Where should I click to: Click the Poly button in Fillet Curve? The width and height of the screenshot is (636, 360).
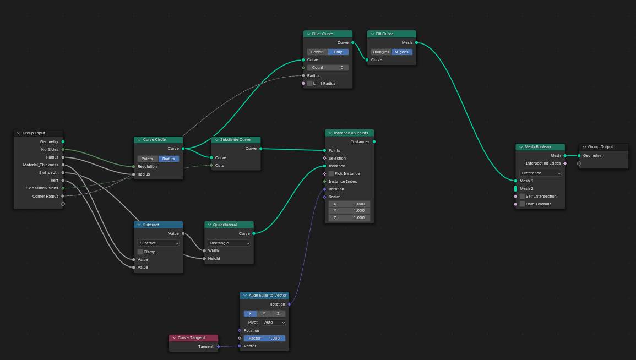click(338, 52)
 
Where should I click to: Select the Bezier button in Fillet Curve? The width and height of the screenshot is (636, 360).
click(317, 52)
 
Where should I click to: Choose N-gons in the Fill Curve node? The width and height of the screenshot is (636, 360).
click(401, 52)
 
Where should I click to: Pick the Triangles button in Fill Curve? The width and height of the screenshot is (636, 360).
click(381, 52)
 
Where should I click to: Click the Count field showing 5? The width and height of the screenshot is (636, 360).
click(328, 68)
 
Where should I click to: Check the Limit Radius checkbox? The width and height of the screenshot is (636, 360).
click(310, 84)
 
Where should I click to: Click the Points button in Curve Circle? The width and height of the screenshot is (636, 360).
click(148, 159)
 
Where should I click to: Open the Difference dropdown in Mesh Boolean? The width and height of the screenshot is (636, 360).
click(540, 173)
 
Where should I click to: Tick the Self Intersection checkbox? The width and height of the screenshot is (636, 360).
click(523, 196)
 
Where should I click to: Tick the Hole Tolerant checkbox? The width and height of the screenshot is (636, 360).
click(523, 204)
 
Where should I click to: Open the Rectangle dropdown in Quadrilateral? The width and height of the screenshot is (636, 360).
click(229, 243)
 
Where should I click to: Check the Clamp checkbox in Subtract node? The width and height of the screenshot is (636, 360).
click(140, 252)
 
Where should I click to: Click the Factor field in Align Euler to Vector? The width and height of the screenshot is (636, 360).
click(264, 338)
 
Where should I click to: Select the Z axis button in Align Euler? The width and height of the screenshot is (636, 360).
click(278, 314)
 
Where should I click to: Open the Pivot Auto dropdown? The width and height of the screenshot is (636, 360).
click(274, 323)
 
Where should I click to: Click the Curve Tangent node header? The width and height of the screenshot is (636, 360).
click(193, 337)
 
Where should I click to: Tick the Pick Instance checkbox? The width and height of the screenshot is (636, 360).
click(331, 173)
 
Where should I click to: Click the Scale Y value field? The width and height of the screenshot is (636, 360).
click(349, 211)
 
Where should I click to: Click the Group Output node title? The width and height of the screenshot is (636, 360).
click(600, 147)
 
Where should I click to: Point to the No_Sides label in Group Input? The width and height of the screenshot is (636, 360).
click(50, 150)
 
